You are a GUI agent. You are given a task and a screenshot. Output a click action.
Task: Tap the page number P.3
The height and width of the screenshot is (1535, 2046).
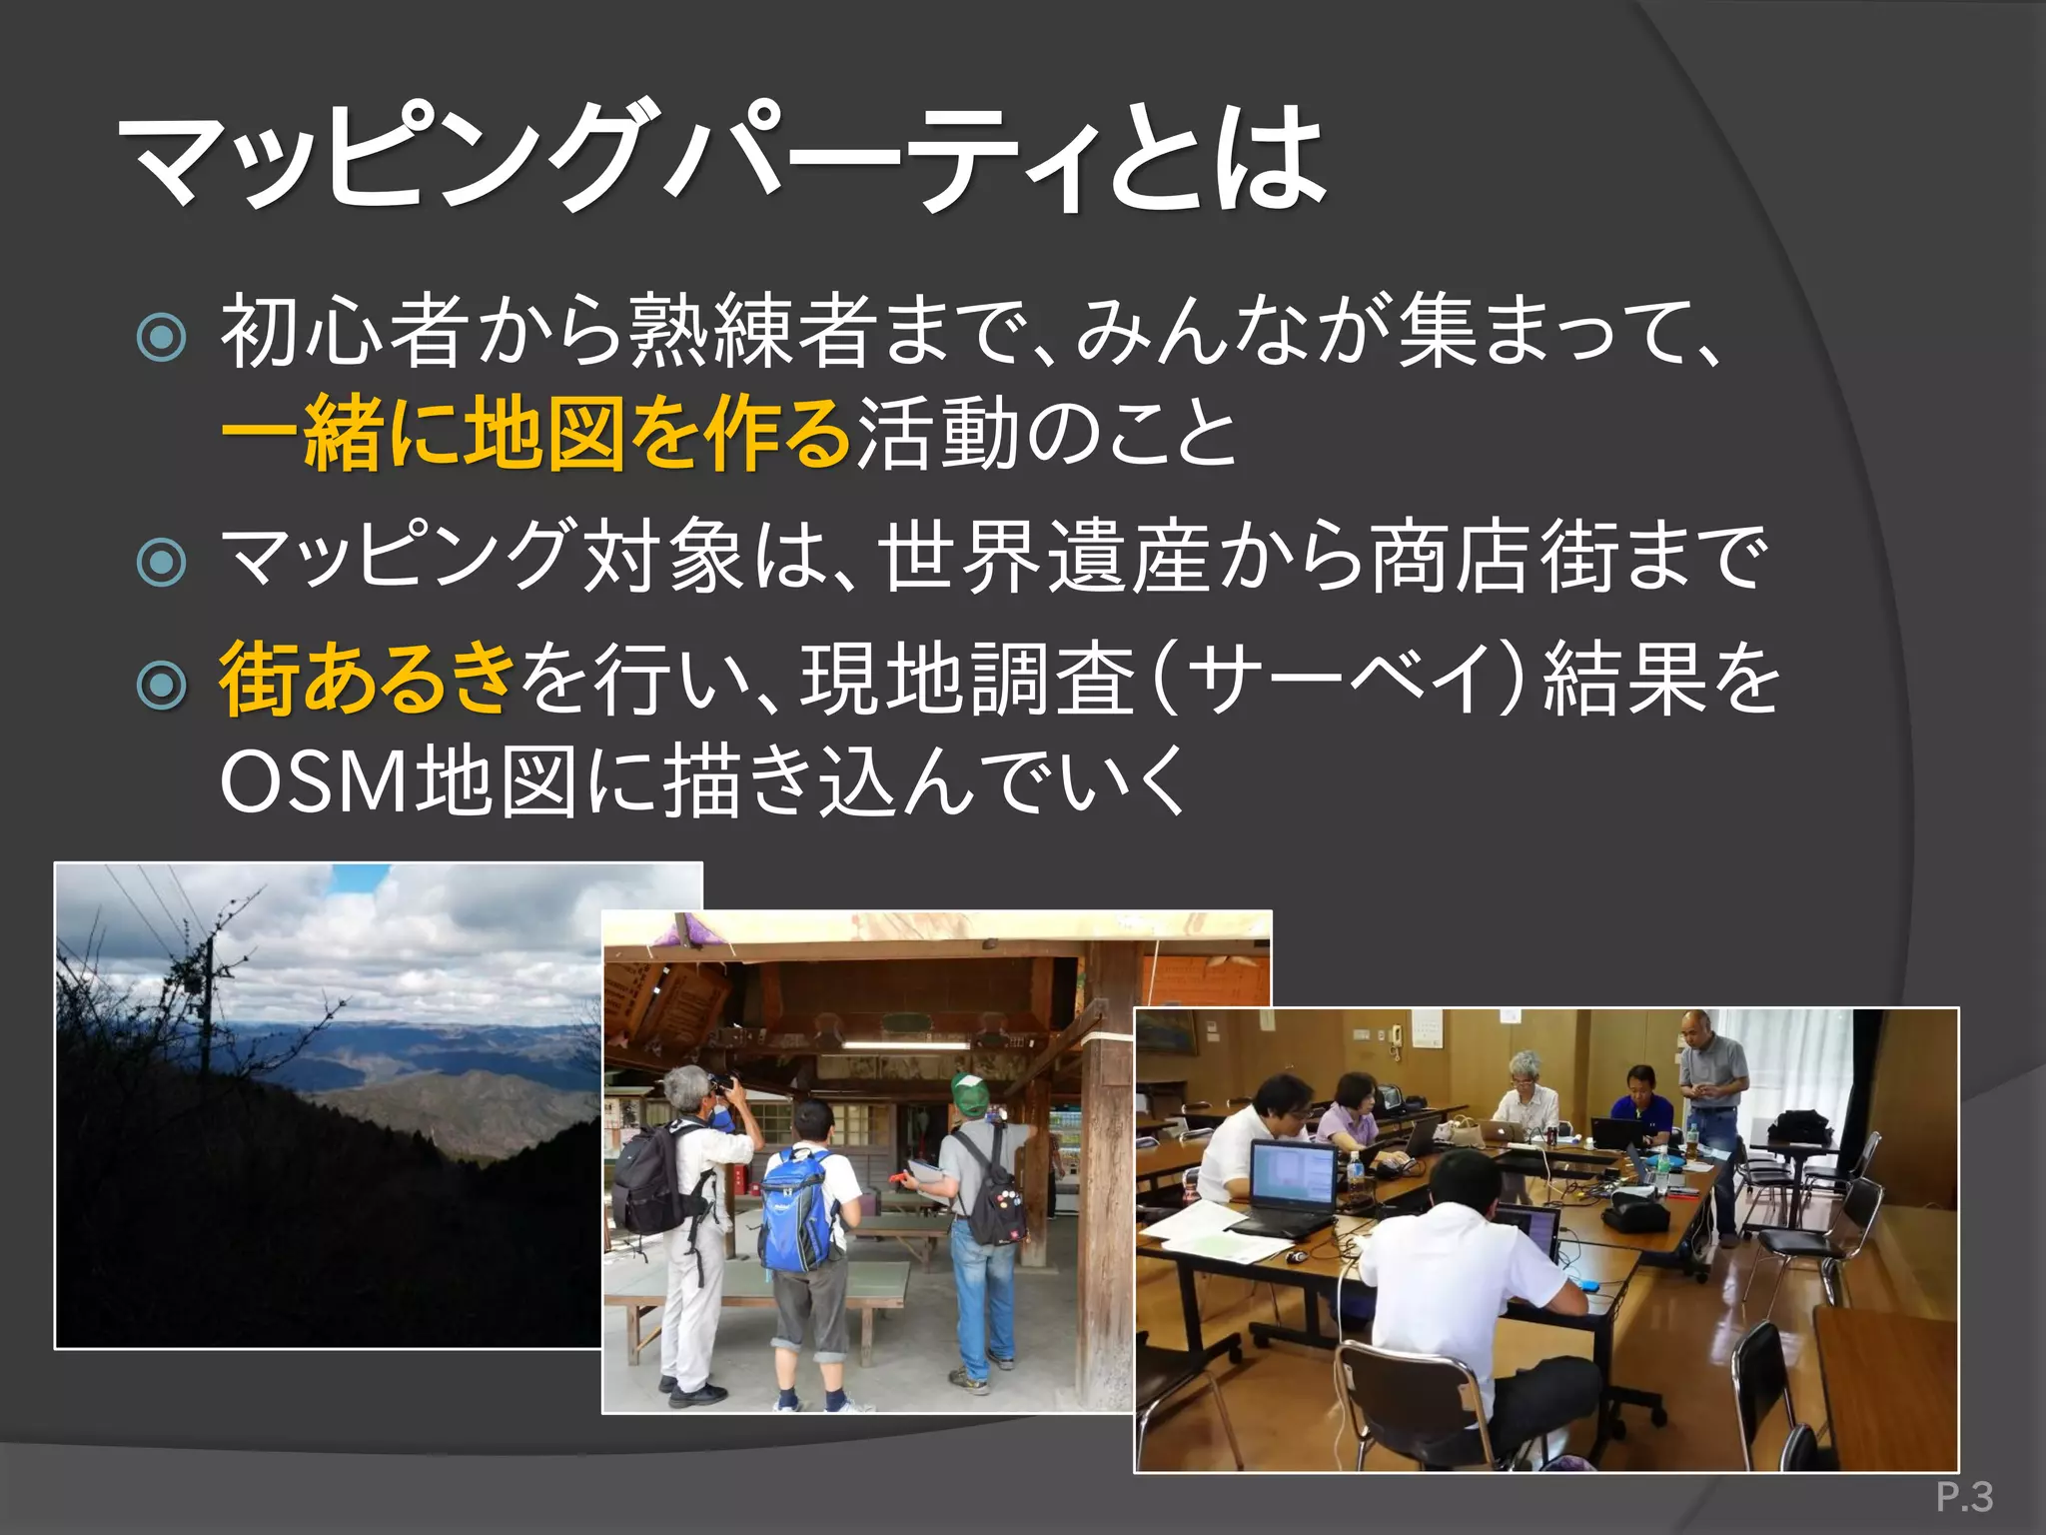[x=1964, y=1497]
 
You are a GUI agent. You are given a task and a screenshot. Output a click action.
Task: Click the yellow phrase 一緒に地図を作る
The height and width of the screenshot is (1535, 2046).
[x=535, y=434]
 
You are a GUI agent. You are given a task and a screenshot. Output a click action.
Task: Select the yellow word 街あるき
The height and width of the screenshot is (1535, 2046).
[x=366, y=680]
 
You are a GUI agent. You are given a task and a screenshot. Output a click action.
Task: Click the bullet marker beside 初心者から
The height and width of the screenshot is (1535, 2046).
[x=161, y=338]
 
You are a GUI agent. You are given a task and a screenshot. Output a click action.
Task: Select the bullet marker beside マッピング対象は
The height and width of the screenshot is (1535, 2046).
[x=161, y=562]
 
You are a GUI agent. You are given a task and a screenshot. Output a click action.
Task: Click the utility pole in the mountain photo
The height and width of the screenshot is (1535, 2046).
[x=208, y=999]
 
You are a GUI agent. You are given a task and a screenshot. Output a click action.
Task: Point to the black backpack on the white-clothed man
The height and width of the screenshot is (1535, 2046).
[x=649, y=1179]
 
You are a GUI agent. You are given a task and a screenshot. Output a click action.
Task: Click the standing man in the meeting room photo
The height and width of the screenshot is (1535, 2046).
[x=1710, y=1109]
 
